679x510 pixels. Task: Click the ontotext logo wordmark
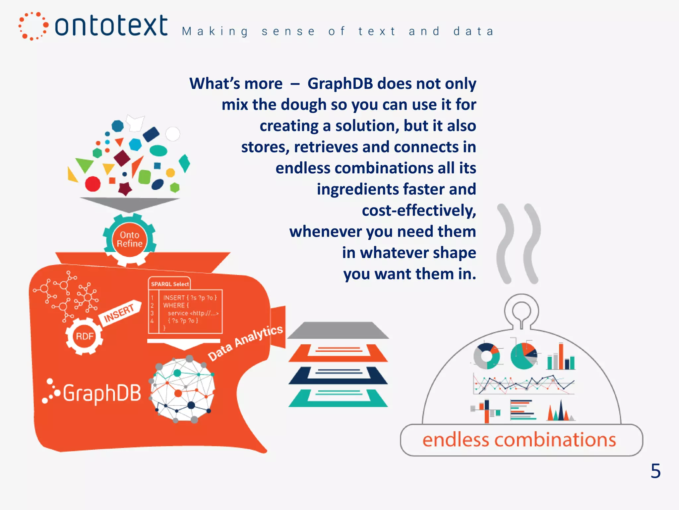click(x=111, y=26)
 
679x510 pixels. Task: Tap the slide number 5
click(x=655, y=471)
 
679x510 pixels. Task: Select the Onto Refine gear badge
click(x=130, y=239)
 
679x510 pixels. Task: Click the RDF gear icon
click(x=84, y=336)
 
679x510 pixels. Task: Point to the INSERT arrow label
click(x=119, y=313)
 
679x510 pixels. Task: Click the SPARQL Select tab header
click(x=169, y=284)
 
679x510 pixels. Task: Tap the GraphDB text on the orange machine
click(x=102, y=393)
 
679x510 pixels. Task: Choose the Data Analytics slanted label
click(x=245, y=342)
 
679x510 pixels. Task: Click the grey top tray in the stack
click(x=338, y=330)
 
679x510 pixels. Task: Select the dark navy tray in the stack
click(x=338, y=375)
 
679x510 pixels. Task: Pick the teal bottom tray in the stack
click(x=338, y=398)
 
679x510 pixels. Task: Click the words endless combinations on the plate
click(x=519, y=440)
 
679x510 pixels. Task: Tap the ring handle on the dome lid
click(x=521, y=310)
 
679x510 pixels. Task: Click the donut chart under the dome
click(x=486, y=356)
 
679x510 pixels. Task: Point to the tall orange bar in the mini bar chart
click(x=561, y=356)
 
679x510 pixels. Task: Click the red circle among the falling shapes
click(x=93, y=184)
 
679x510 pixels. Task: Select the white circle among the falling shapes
click(x=173, y=134)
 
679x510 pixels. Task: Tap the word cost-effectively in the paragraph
click(x=419, y=211)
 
